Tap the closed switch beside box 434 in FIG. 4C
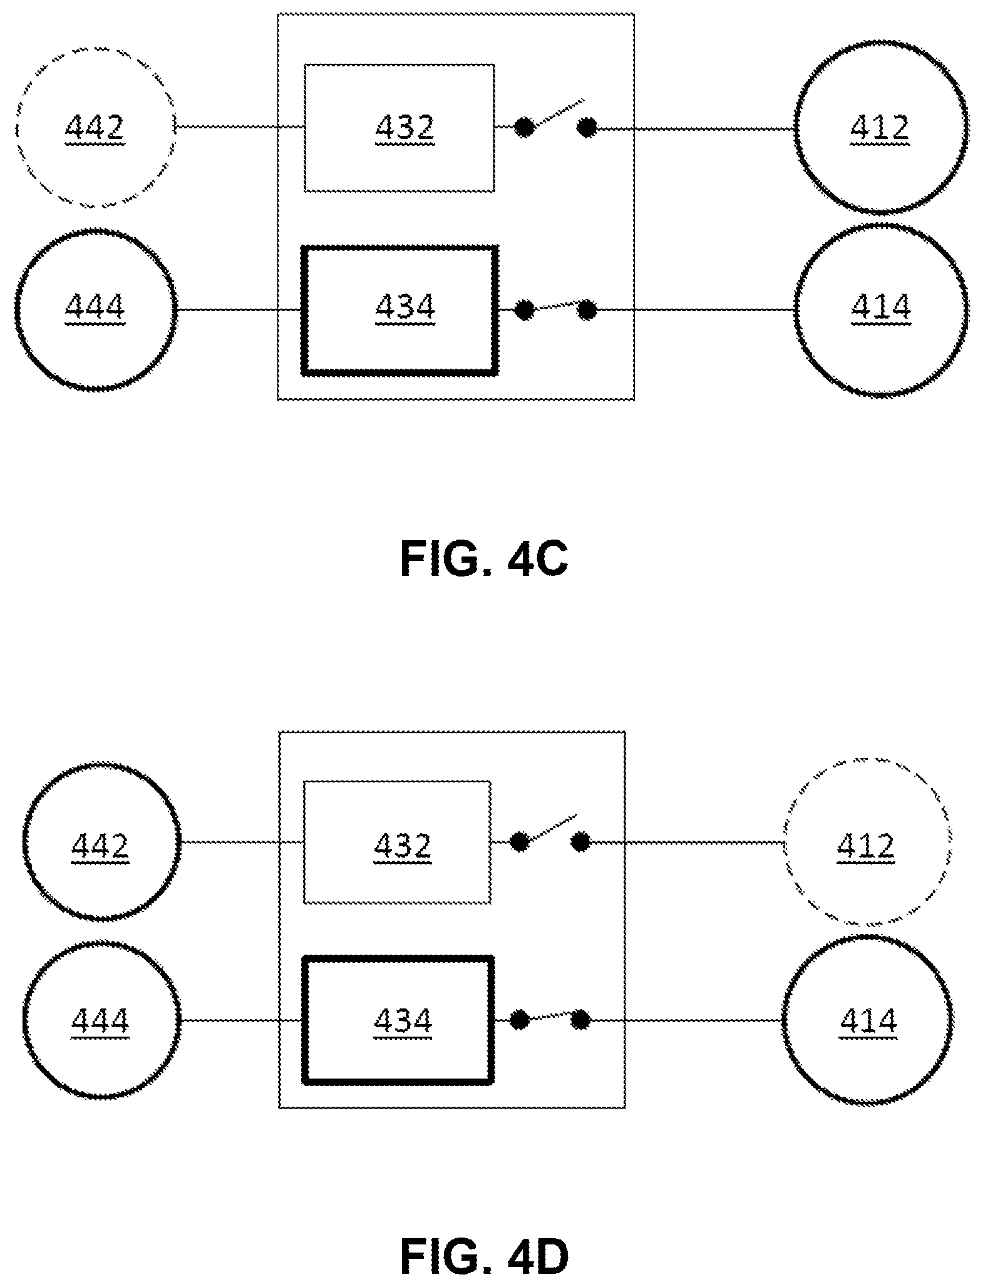555,309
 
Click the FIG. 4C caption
484,559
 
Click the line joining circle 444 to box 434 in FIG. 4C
239,309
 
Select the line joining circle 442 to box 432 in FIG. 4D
242,842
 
